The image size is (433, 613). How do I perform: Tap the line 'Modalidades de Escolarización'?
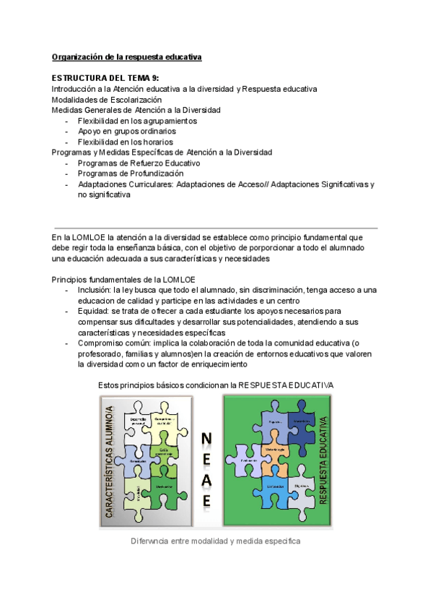(107, 100)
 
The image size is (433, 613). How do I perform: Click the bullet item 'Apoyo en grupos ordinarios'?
(126, 132)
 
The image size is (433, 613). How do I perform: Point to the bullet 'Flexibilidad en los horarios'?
(126, 142)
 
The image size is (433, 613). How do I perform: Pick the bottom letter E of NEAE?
(206, 500)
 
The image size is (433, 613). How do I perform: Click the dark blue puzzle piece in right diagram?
(300, 421)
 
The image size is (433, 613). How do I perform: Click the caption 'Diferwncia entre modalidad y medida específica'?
(215, 541)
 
